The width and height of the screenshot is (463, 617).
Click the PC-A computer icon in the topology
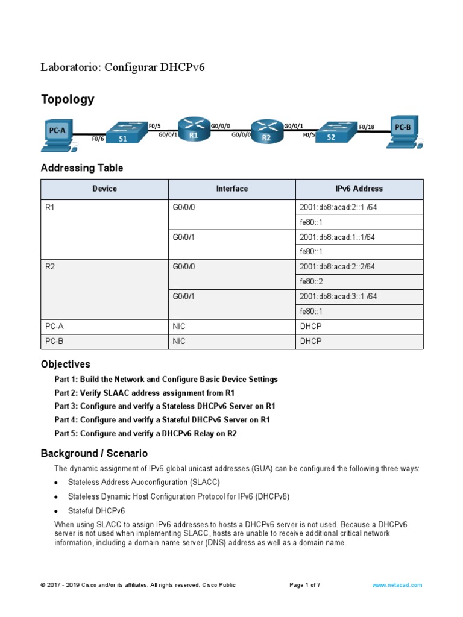(58, 134)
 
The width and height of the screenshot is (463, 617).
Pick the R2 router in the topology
(266, 131)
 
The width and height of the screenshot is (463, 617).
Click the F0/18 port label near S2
(366, 127)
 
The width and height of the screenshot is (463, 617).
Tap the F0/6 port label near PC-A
(98, 139)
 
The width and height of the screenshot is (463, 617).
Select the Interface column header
(231, 189)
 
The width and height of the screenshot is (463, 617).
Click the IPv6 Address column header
(359, 189)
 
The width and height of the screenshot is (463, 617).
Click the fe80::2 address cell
(311, 281)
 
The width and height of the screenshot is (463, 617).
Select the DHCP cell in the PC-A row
(310, 327)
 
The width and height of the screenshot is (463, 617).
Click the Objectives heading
(65, 364)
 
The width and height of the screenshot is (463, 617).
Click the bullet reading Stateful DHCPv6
(96, 510)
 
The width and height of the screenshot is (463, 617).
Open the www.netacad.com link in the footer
(397, 585)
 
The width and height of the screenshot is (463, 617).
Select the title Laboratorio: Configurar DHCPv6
(122, 67)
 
